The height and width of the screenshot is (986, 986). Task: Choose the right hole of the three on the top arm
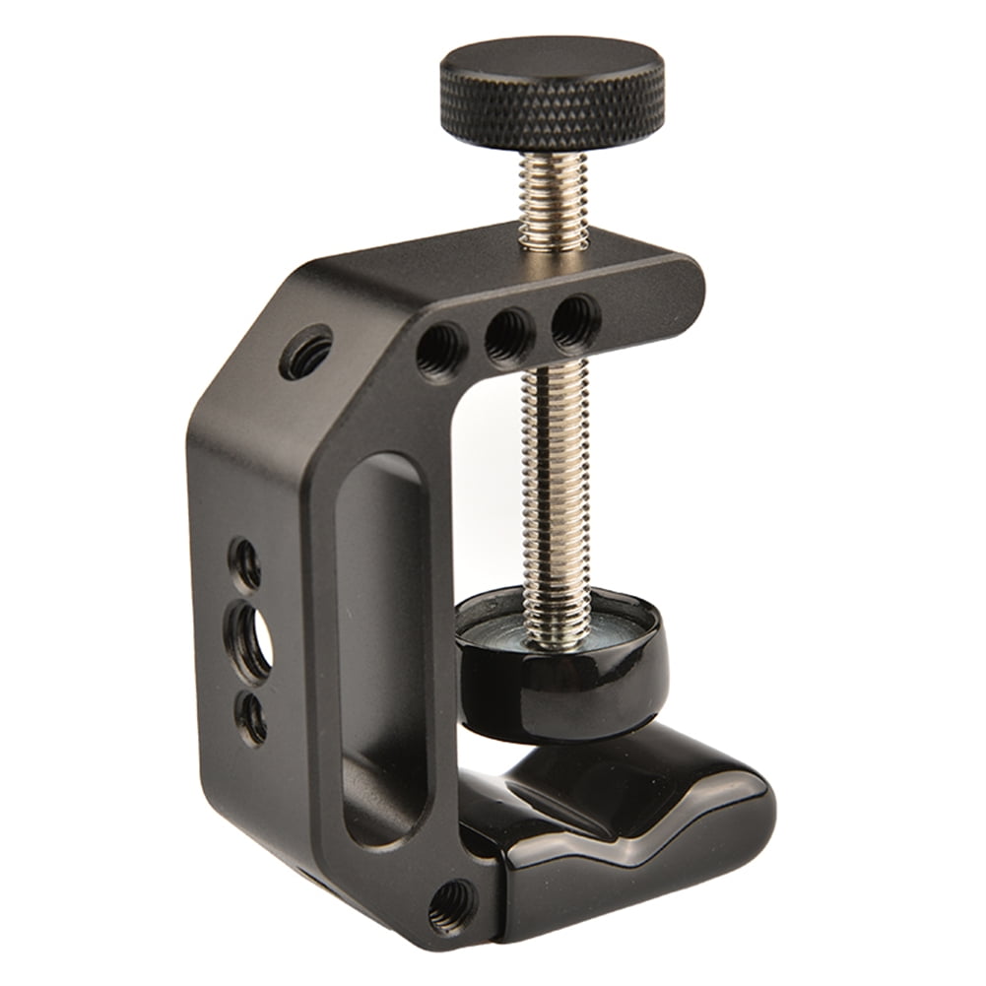[x=575, y=321]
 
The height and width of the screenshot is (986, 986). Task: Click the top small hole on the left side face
[x=245, y=564]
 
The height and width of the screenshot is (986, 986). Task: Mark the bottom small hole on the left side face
[x=252, y=719]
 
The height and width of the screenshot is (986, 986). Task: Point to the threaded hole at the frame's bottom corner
[x=452, y=903]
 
